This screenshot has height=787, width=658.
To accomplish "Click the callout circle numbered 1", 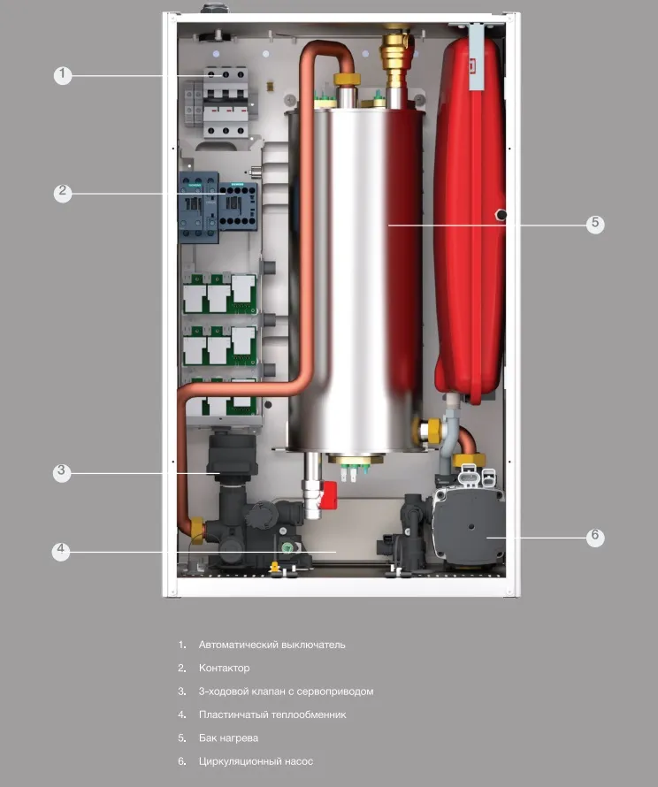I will pos(62,75).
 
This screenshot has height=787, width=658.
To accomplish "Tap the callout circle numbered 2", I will pos(62,192).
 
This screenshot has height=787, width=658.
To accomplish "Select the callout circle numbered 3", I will pos(61,471).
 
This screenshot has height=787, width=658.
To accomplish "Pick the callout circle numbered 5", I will pos(595,224).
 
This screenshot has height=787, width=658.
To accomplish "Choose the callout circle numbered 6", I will pos(595,536).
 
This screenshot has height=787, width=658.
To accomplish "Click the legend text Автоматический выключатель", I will pos(272,645).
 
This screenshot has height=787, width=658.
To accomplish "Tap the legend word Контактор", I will pos(224,668).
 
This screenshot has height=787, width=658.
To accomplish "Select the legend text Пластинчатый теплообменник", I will pos(272,714).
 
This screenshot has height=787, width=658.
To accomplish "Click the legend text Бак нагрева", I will pos(228,737).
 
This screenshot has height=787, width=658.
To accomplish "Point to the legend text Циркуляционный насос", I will pos(256,761).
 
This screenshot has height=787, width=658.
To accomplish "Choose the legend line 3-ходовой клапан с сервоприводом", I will pos(286,691).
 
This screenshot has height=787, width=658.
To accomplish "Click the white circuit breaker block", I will pos(223,102).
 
